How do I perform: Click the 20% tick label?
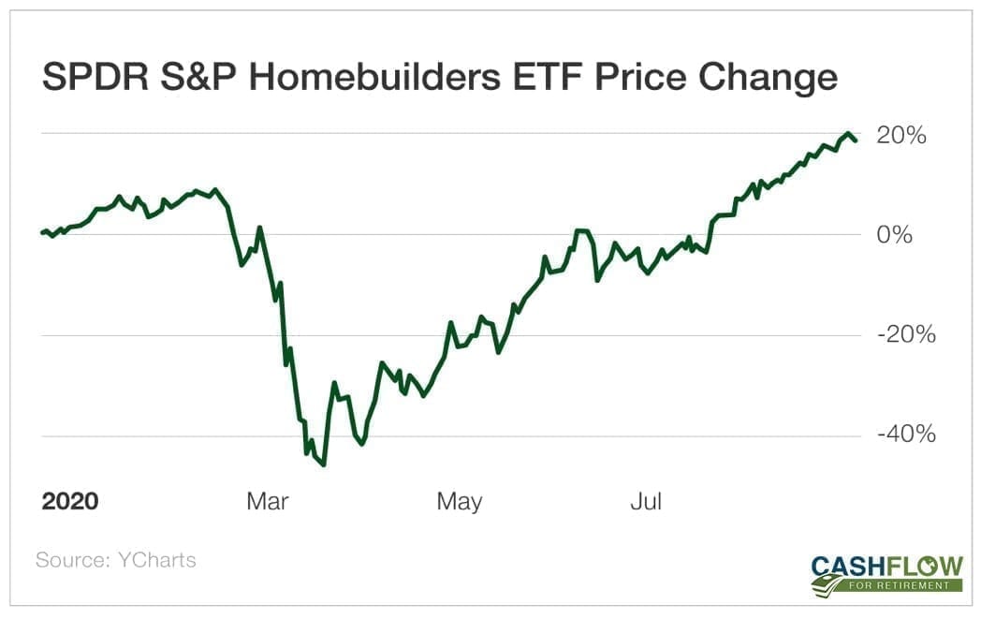900,136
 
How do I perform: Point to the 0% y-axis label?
894,235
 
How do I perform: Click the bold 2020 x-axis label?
70,501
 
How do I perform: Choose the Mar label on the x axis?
268,501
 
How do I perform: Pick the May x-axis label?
460,501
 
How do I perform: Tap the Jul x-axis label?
646,501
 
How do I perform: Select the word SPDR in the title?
84,78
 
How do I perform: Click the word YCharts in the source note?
157,560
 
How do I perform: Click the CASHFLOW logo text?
887,566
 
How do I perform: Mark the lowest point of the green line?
323,464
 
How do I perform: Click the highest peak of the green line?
848,134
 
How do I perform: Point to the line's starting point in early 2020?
42,232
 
